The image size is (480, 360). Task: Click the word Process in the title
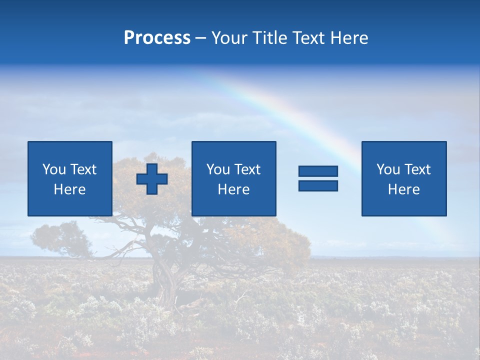coord(157,38)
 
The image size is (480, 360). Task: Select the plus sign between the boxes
coord(152,179)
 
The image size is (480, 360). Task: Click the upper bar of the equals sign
coord(318,171)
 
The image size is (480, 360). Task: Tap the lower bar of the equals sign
coord(318,185)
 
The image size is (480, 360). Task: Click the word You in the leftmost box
coord(54,169)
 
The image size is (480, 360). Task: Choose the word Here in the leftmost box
coord(69,189)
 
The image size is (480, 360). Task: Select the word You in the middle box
coord(218,169)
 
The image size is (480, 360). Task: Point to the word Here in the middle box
coord(233,189)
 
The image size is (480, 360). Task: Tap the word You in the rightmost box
coord(388,169)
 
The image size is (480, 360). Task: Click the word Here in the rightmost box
coord(403,189)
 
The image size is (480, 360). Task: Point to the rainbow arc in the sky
coord(280,107)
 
